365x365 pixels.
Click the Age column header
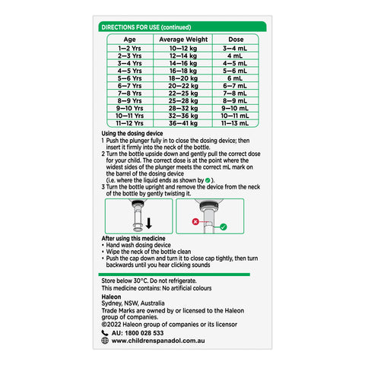(x=130, y=38)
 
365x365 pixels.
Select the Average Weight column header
(x=182, y=38)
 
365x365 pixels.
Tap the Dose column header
(x=235, y=38)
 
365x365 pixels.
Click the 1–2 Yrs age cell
(x=130, y=48)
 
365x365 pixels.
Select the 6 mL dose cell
(x=235, y=78)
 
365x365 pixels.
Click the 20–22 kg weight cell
(x=182, y=86)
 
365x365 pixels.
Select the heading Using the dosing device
(x=133, y=134)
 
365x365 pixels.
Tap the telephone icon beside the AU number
(x=105, y=332)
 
